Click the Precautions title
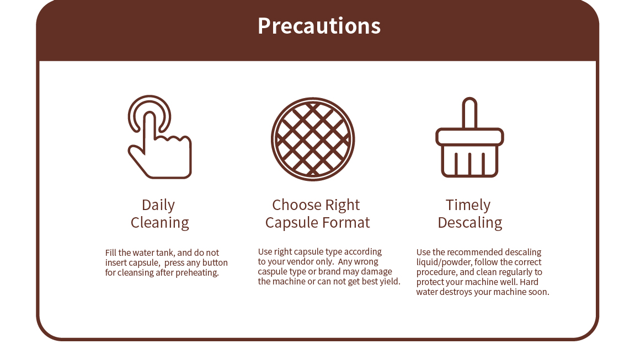[319, 26]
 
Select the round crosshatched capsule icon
[313, 139]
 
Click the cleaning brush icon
[470, 137]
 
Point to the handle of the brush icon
[470, 113]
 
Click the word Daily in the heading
[158, 205]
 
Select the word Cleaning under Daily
[159, 223]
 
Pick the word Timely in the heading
[468, 205]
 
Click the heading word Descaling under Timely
[470, 223]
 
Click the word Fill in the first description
[110, 253]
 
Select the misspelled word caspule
[271, 272]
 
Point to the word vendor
[300, 261]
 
